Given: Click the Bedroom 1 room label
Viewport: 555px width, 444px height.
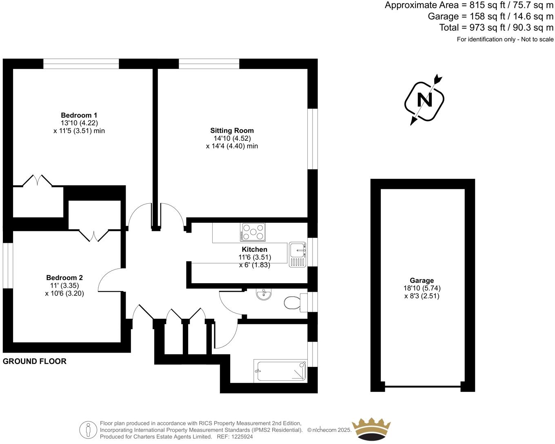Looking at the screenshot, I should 79,115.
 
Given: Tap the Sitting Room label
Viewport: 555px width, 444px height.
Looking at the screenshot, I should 232,131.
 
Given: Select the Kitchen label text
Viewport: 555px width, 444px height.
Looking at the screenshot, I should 254,249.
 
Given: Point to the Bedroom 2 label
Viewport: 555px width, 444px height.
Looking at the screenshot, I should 64,278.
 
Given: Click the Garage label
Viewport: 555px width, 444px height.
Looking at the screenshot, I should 422,280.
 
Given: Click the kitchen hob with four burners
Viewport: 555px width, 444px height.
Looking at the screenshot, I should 253,232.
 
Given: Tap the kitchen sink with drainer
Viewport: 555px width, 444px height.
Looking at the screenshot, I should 297,255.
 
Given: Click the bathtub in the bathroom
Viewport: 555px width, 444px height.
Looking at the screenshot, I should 280,371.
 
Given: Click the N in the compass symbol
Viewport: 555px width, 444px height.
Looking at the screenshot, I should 424,100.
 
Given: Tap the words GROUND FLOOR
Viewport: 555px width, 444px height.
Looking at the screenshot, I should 35,361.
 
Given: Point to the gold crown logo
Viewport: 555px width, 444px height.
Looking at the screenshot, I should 371,429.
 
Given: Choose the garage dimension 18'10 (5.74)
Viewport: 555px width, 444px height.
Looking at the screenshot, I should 422,288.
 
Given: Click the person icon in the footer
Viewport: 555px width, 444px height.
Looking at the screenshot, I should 88,430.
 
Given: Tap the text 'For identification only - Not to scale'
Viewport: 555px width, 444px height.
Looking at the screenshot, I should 505,39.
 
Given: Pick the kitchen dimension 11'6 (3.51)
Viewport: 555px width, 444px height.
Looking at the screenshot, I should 255,257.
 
